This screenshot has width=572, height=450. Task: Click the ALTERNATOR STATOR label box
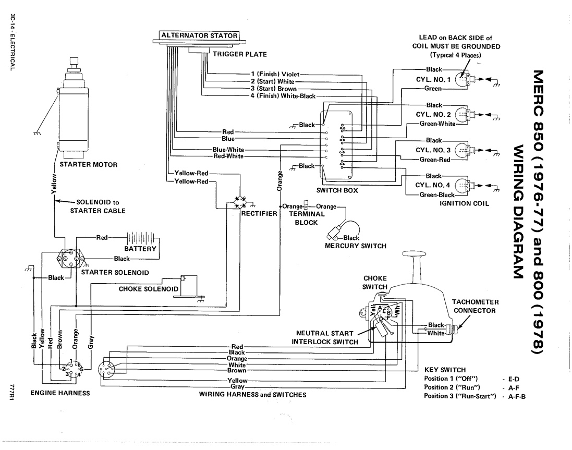coord(199,35)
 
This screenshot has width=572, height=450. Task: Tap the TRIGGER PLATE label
coord(240,54)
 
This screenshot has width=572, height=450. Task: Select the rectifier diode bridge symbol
coord(240,202)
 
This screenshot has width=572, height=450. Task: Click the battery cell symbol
coord(141,238)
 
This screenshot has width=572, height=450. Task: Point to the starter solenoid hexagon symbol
coord(71,259)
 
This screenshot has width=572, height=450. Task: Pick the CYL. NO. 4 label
coord(433,185)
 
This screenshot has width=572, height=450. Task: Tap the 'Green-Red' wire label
coord(434,160)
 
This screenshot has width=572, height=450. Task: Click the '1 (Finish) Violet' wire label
coord(275,74)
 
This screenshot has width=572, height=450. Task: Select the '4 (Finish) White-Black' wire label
coord(283,96)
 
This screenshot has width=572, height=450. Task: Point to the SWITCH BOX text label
coord(337,190)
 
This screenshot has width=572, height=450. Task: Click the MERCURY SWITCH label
coord(355,246)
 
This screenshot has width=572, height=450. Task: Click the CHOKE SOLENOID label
coord(149,289)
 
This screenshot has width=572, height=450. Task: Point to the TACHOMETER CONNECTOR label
coord(474,306)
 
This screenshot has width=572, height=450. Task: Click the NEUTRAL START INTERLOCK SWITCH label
coord(325,338)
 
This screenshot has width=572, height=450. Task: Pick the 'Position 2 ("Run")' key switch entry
coord(452,387)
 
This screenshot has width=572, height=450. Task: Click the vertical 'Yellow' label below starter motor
coord(54,184)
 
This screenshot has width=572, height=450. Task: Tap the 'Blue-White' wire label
coord(228,150)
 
